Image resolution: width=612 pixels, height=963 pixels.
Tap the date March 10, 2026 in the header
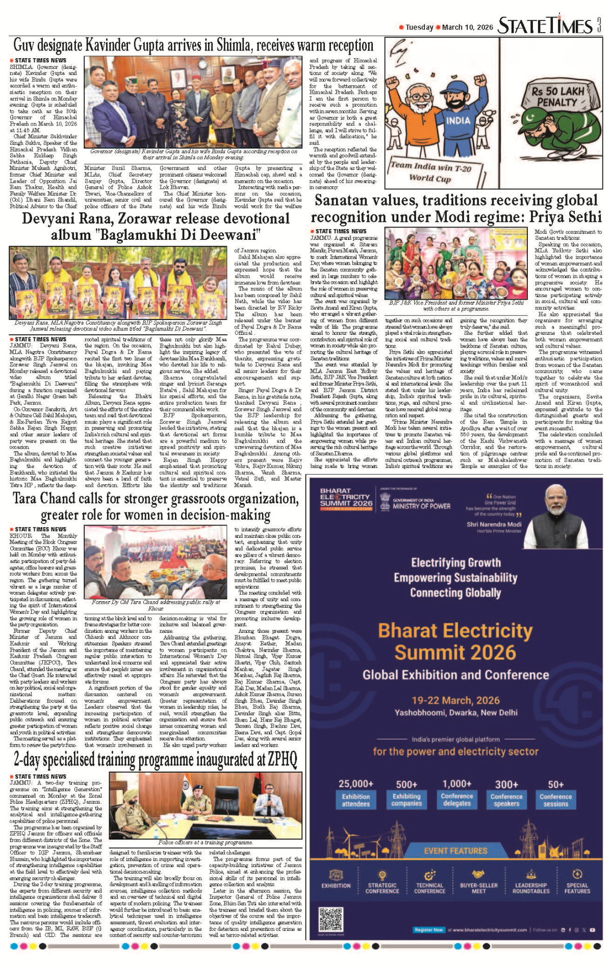[467, 28]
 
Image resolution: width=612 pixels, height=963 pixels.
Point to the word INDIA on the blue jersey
[458, 120]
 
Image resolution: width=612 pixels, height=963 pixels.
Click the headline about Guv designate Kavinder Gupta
[193, 45]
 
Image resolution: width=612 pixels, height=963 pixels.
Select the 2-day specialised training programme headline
[155, 759]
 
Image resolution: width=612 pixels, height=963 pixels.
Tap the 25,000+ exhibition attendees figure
[355, 794]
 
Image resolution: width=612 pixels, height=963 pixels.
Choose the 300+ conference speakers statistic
[506, 794]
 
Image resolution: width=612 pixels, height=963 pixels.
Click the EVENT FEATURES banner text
[455, 851]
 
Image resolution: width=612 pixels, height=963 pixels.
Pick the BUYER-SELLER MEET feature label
[478, 888]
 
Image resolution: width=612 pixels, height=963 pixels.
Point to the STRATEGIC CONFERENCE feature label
[382, 888]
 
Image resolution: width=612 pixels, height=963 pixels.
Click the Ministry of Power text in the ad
[421, 506]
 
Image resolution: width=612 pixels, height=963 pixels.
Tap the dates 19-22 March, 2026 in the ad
[455, 700]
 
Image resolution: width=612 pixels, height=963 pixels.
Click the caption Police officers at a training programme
[206, 842]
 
